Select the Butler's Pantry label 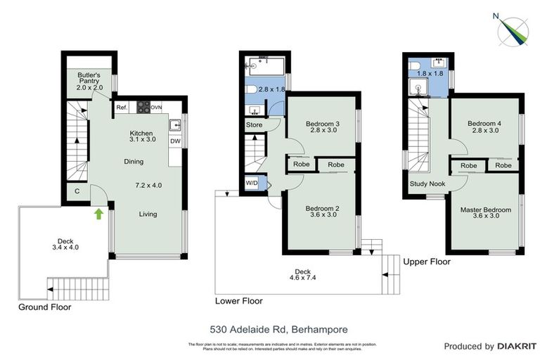(90, 81)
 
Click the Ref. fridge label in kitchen (122, 108)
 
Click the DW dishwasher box (175, 141)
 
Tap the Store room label (253, 125)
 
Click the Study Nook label (426, 184)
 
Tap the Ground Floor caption (45, 307)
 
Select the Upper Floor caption (427, 262)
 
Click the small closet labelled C (76, 191)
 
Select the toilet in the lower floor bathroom (250, 90)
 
